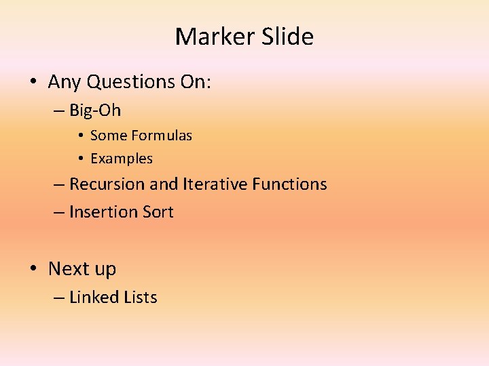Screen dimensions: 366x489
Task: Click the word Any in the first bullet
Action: (x=63, y=82)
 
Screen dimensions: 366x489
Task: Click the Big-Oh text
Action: (x=95, y=110)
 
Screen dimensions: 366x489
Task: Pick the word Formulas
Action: (x=162, y=136)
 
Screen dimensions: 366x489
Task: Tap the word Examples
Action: (x=122, y=159)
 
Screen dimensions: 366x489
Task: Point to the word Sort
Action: (x=158, y=212)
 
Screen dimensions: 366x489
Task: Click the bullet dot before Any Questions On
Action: (x=33, y=83)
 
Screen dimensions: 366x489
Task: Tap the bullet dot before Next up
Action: (x=33, y=269)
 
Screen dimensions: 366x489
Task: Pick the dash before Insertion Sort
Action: (x=60, y=213)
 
